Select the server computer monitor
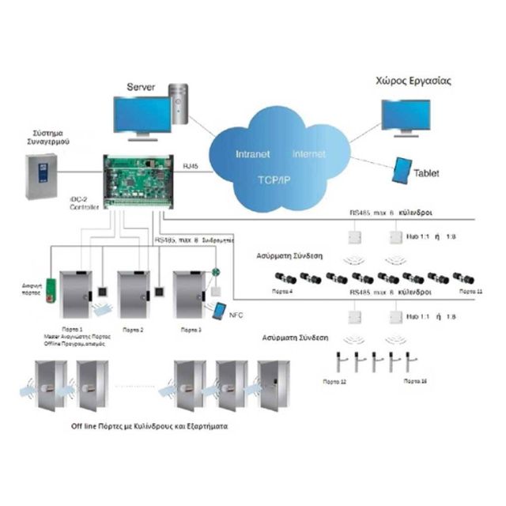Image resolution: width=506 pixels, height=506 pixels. (x=142, y=115)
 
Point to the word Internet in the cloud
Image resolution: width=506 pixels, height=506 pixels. (x=308, y=153)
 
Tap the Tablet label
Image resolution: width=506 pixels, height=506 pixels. (x=427, y=173)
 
